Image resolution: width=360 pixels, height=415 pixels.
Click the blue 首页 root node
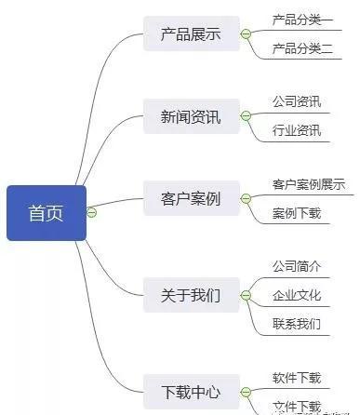click(x=46, y=213)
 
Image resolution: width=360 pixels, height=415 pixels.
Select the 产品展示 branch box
click(x=190, y=34)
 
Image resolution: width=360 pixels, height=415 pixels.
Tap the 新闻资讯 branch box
click(x=190, y=117)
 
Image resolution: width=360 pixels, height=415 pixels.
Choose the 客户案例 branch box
click(x=190, y=199)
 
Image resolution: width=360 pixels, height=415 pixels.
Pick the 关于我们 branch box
click(x=190, y=296)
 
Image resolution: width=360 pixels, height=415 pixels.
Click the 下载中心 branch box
click(x=190, y=391)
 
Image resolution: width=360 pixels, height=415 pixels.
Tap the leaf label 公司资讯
click(x=297, y=100)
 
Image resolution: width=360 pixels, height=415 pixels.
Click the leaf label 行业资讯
click(x=297, y=130)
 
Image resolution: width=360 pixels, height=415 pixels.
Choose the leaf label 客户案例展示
click(x=308, y=184)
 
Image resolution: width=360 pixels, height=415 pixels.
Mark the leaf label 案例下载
click(x=297, y=213)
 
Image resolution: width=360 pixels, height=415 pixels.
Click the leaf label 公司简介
click(x=297, y=266)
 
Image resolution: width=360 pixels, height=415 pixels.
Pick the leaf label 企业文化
click(x=297, y=295)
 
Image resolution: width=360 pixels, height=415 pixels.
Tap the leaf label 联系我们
click(x=297, y=324)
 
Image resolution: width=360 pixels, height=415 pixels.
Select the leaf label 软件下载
click(x=297, y=377)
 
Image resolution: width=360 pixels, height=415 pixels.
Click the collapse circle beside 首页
click(x=91, y=213)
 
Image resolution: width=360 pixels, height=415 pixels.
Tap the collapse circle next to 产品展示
click(x=246, y=34)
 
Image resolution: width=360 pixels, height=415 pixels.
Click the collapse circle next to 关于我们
click(x=246, y=296)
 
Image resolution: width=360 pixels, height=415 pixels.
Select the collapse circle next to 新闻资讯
click(x=246, y=116)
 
